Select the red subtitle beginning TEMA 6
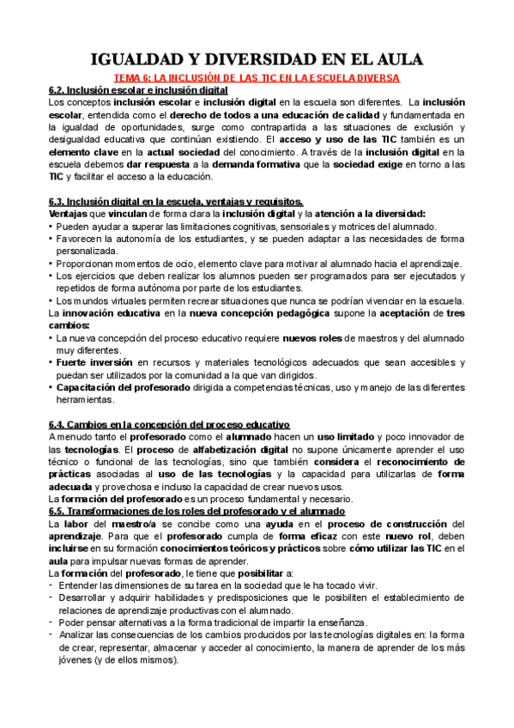[x=257, y=77]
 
